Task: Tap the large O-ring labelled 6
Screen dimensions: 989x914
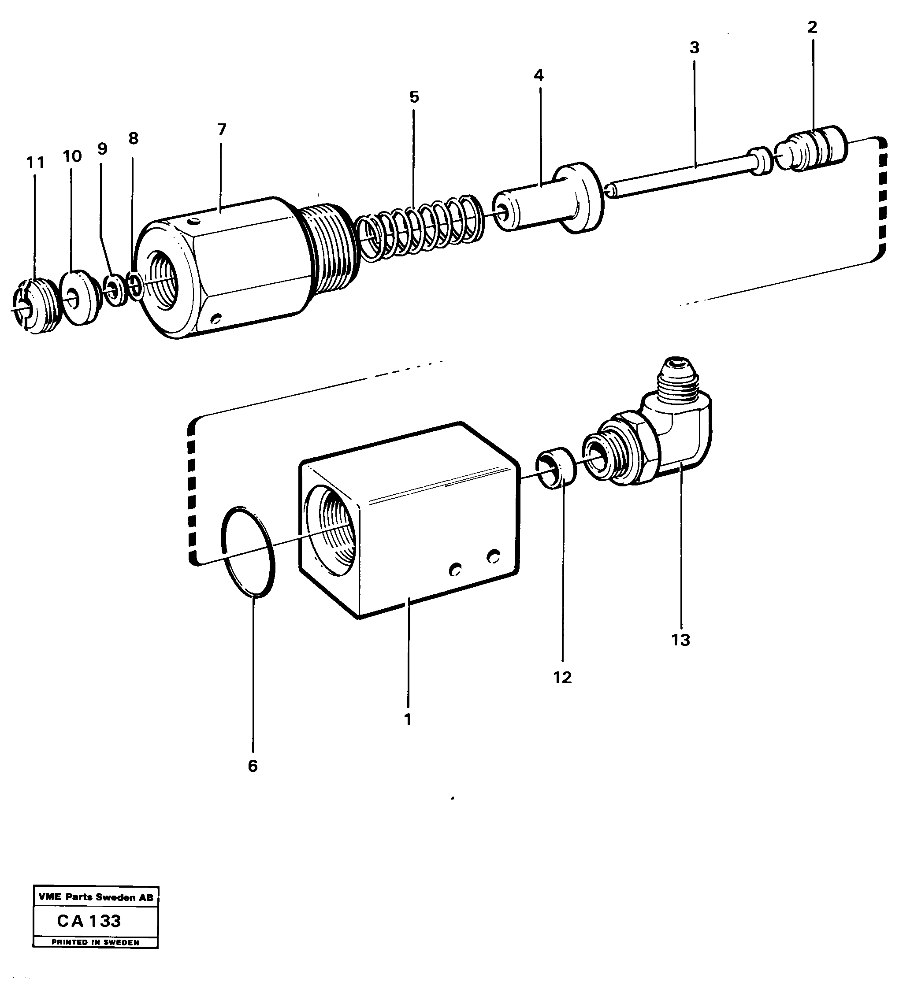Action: click(x=248, y=552)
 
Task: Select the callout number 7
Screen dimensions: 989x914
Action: click(x=222, y=129)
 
